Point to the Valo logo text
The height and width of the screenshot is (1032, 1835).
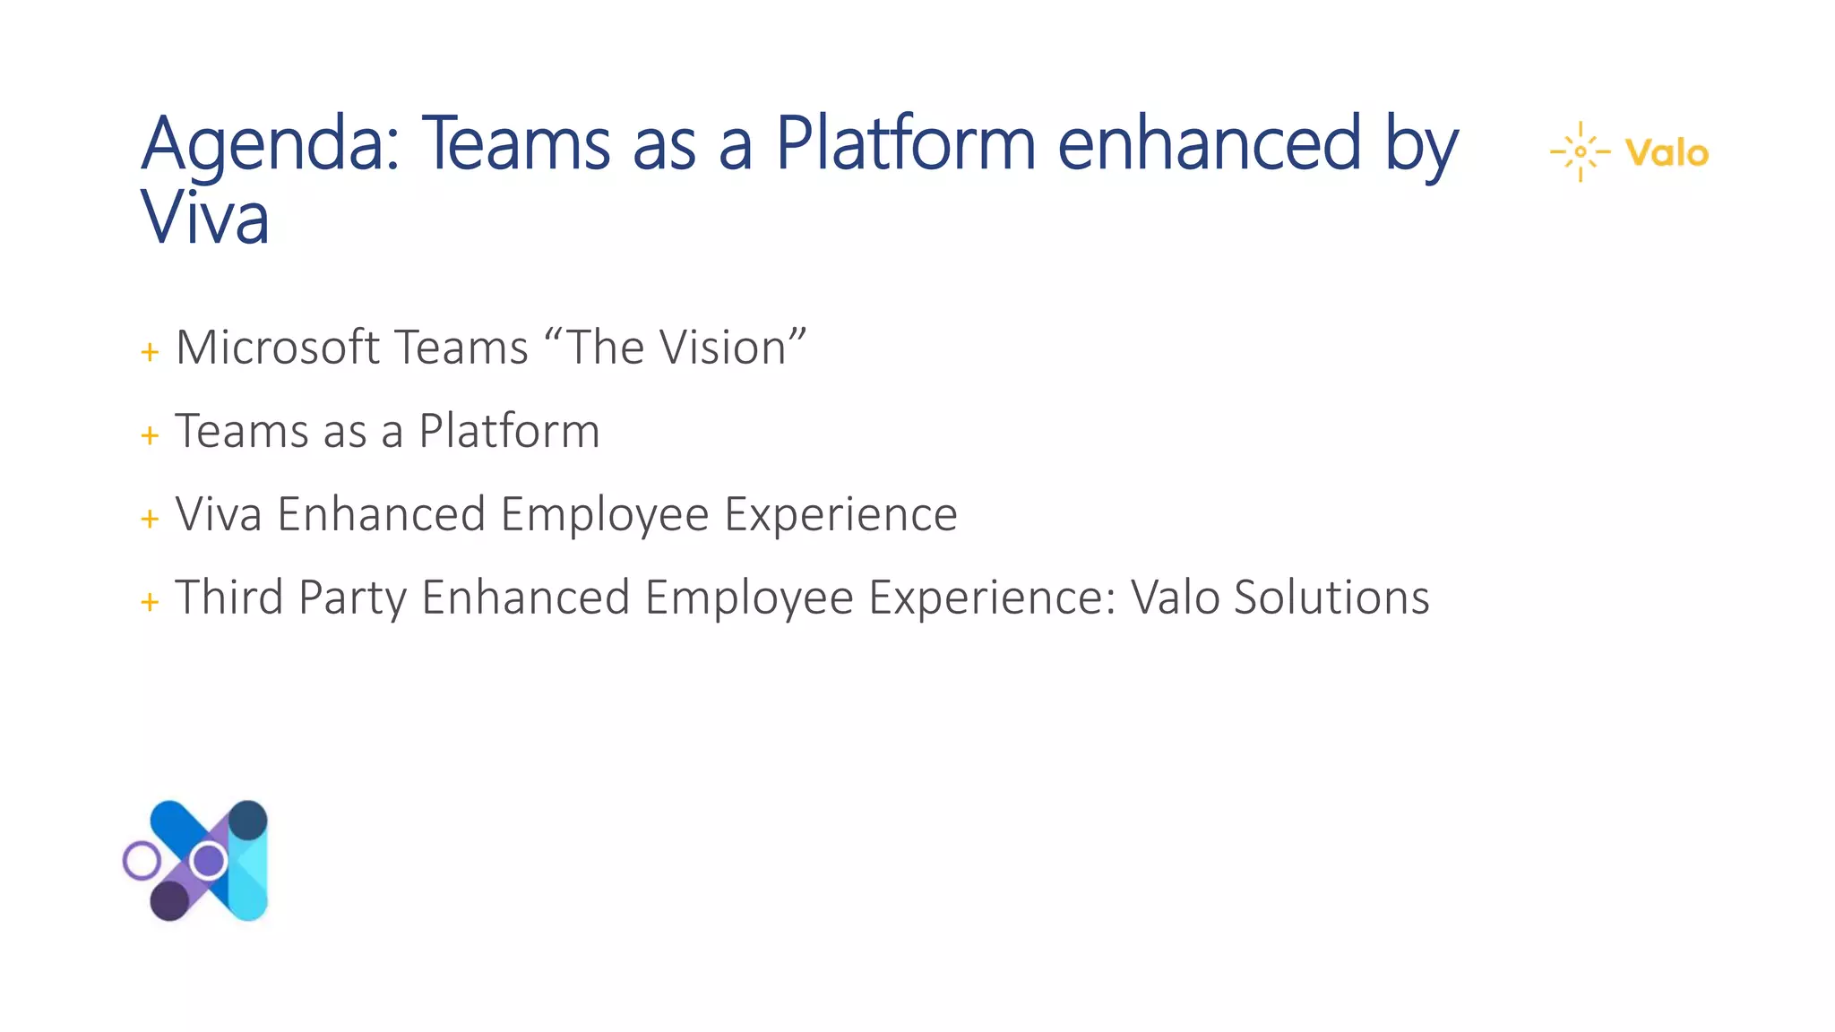[x=1667, y=153]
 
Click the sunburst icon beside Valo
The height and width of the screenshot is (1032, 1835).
[x=1581, y=151]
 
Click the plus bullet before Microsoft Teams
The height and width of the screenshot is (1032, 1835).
[x=150, y=352]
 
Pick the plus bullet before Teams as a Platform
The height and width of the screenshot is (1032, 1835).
[x=150, y=435]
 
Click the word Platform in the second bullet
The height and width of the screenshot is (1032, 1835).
[x=509, y=431]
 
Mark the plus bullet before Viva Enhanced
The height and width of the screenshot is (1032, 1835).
[x=150, y=519]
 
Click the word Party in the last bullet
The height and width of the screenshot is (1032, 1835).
[x=352, y=599]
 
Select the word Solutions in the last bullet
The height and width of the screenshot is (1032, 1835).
[x=1331, y=598]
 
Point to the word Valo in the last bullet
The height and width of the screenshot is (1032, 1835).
[x=1175, y=598]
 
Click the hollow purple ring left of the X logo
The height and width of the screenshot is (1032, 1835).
[x=142, y=861]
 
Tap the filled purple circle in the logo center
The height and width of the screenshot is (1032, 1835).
[x=210, y=861]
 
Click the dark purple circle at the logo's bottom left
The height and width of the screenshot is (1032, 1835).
[x=169, y=899]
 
